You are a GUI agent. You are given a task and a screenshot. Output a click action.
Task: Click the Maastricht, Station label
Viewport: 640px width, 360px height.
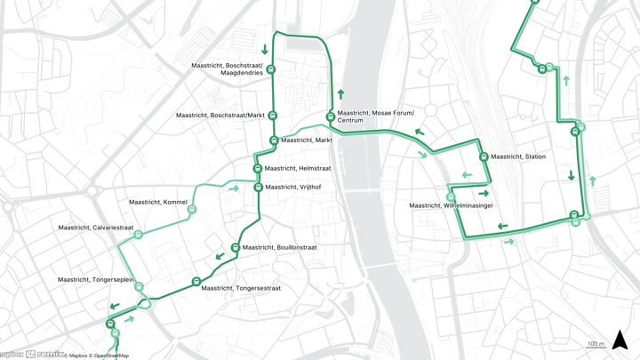[x=518, y=157]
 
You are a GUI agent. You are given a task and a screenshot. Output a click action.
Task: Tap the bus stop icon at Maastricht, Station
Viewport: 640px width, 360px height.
[x=484, y=157]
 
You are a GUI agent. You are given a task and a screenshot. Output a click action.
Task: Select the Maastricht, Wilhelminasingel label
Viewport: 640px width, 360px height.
[x=451, y=206]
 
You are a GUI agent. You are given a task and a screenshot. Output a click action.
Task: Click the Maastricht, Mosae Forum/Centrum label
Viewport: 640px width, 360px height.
[x=375, y=116]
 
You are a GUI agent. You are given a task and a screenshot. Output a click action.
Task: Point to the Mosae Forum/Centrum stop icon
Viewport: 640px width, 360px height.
[x=331, y=116]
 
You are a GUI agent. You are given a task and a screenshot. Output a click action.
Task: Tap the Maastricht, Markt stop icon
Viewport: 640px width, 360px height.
[x=274, y=140]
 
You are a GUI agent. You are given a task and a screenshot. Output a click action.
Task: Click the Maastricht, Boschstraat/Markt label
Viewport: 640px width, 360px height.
[x=220, y=116]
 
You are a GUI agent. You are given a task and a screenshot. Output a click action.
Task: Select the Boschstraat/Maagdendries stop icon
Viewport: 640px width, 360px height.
[x=271, y=69]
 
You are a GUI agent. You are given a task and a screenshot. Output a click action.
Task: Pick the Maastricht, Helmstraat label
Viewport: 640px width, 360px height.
[x=297, y=169]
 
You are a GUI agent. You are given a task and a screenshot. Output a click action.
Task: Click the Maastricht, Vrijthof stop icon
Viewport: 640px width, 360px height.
[x=259, y=188]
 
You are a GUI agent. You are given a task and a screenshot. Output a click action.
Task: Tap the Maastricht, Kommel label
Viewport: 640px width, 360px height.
[x=158, y=203]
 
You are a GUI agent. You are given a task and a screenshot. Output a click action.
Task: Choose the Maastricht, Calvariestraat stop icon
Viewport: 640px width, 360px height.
[x=138, y=235]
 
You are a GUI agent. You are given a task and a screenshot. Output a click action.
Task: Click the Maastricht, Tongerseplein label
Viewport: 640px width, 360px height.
[x=95, y=280]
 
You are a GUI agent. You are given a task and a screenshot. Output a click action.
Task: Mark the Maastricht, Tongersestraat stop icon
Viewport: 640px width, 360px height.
[x=196, y=282]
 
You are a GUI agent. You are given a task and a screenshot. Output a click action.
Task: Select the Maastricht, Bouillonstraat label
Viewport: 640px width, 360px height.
[x=279, y=248]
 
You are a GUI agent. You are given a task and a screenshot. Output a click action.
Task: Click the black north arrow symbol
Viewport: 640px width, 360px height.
[x=620, y=340]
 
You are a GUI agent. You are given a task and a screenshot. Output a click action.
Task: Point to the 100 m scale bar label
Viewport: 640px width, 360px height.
[x=596, y=344]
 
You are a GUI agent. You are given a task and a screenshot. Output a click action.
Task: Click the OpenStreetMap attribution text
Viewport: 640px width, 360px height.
[x=110, y=356]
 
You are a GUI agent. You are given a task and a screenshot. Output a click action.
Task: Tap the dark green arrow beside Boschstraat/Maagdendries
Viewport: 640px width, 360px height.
[x=265, y=50]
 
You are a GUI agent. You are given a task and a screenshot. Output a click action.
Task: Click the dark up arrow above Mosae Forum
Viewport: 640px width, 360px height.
[x=340, y=93]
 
